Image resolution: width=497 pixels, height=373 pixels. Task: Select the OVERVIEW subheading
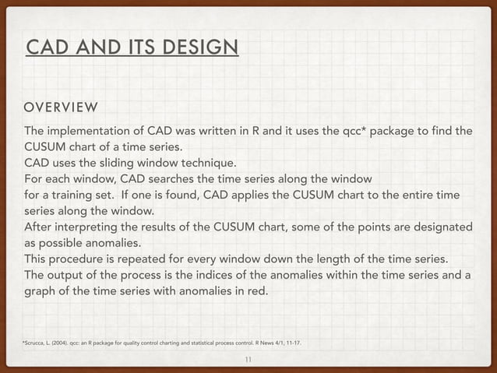(62, 106)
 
